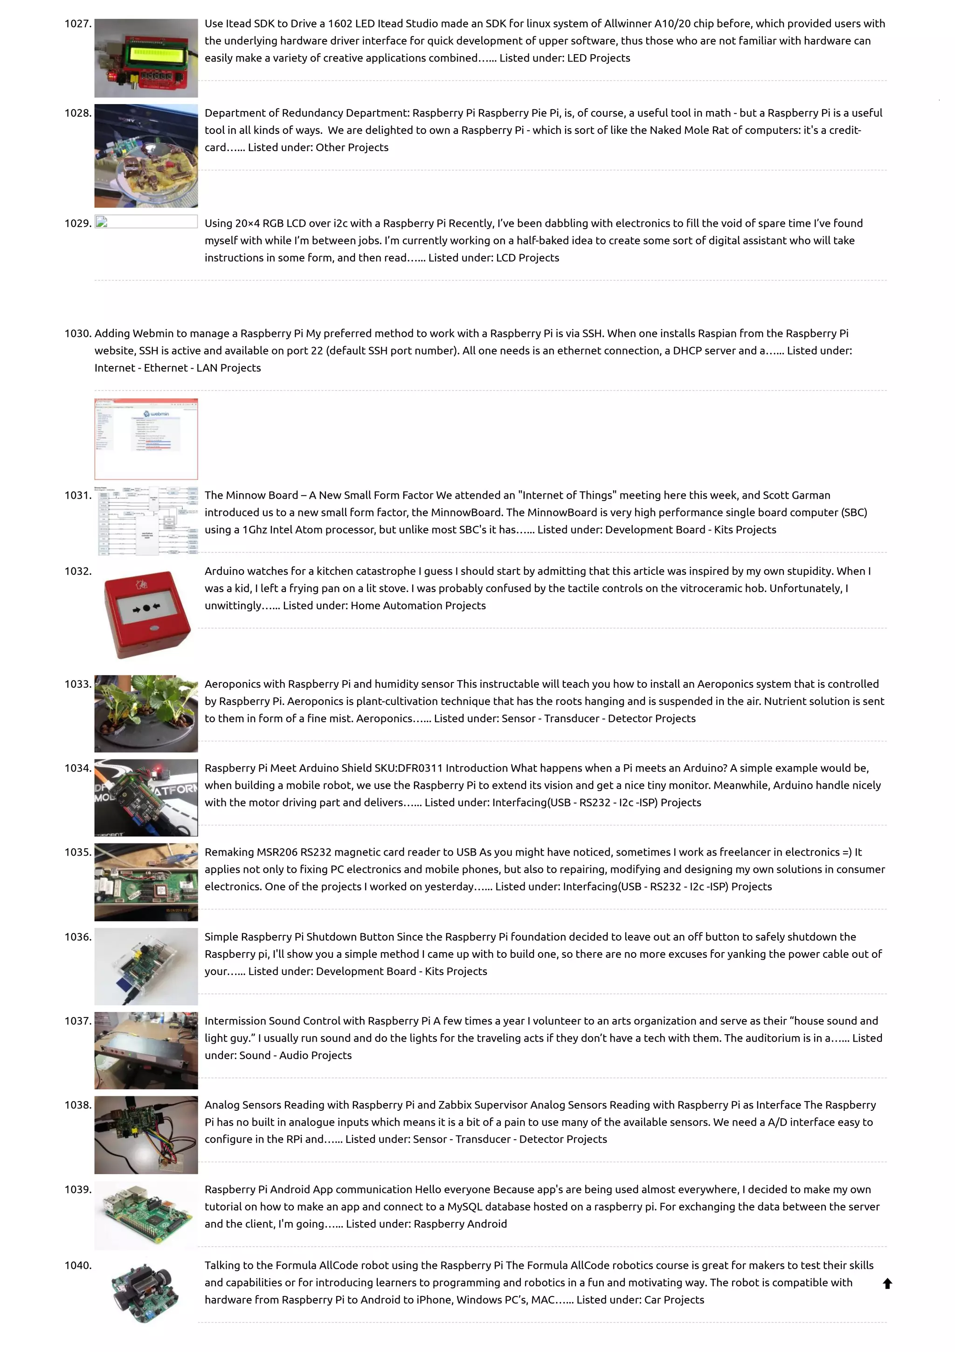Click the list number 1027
tap(78, 23)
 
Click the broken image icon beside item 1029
tap(102, 223)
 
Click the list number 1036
tap(78, 937)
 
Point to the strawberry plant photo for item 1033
tap(146, 713)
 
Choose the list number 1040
tap(78, 1265)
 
